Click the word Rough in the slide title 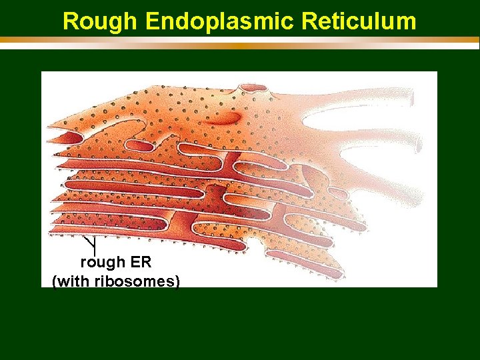[100, 21]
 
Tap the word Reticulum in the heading [359, 21]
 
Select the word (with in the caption [72, 281]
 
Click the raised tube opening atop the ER [253, 87]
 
